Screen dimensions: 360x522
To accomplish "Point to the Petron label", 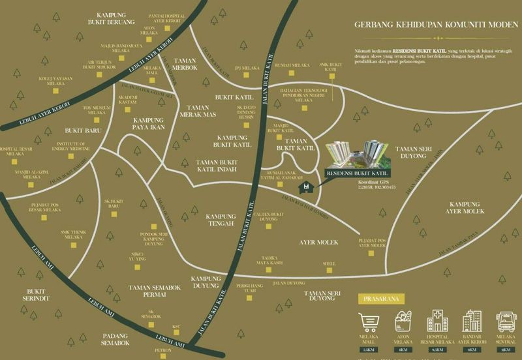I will coord(163,350).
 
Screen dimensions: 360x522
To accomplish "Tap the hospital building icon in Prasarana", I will coord(437,322).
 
